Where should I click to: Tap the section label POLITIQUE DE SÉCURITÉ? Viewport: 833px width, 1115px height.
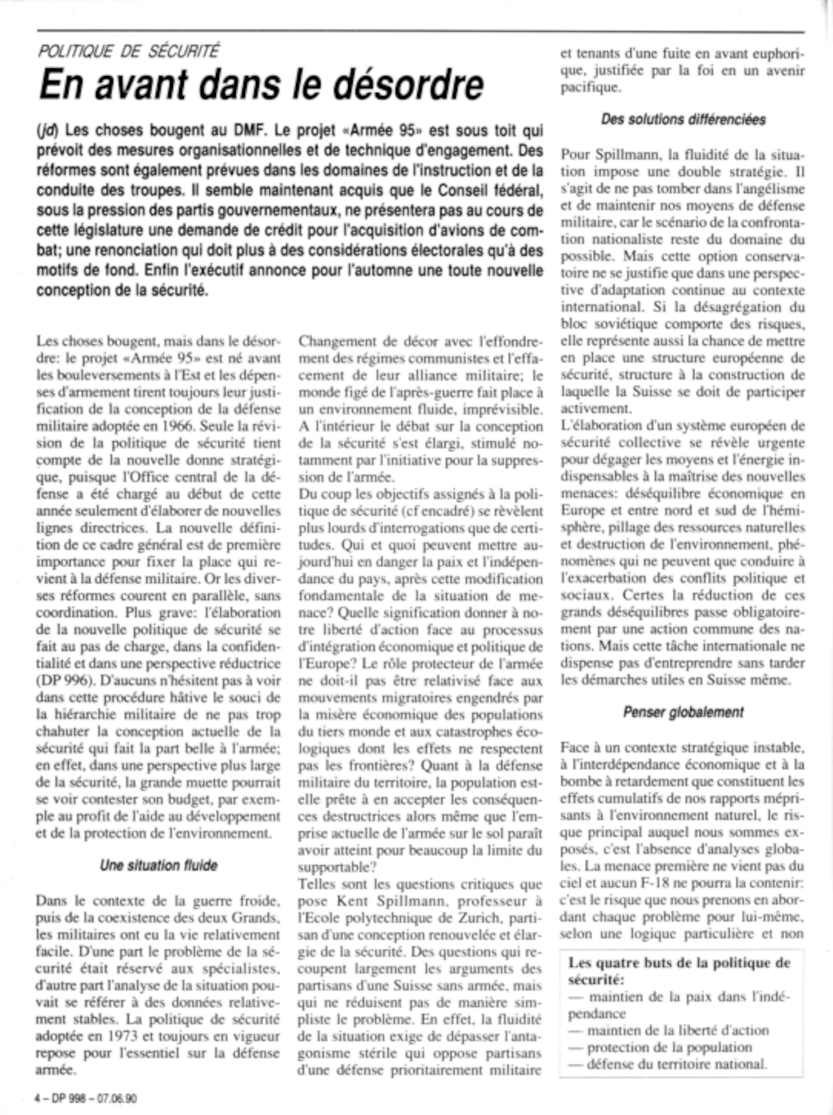[x=129, y=51]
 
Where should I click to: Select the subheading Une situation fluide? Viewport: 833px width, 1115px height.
[x=159, y=866]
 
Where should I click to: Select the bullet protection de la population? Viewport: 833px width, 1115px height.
[x=669, y=1048]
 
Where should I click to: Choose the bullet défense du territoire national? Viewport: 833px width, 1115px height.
[x=676, y=1064]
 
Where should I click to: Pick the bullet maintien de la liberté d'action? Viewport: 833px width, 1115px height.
[x=678, y=1031]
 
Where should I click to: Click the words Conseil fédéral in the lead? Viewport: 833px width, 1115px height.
[x=491, y=191]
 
